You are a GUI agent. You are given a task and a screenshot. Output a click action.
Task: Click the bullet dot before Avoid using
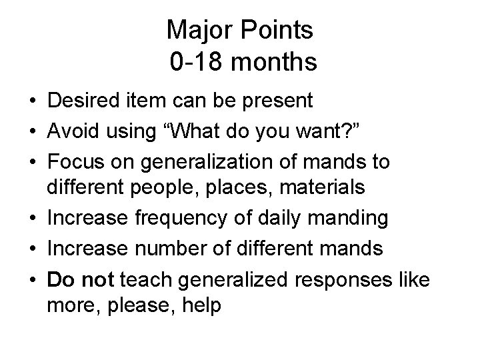point(32,132)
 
